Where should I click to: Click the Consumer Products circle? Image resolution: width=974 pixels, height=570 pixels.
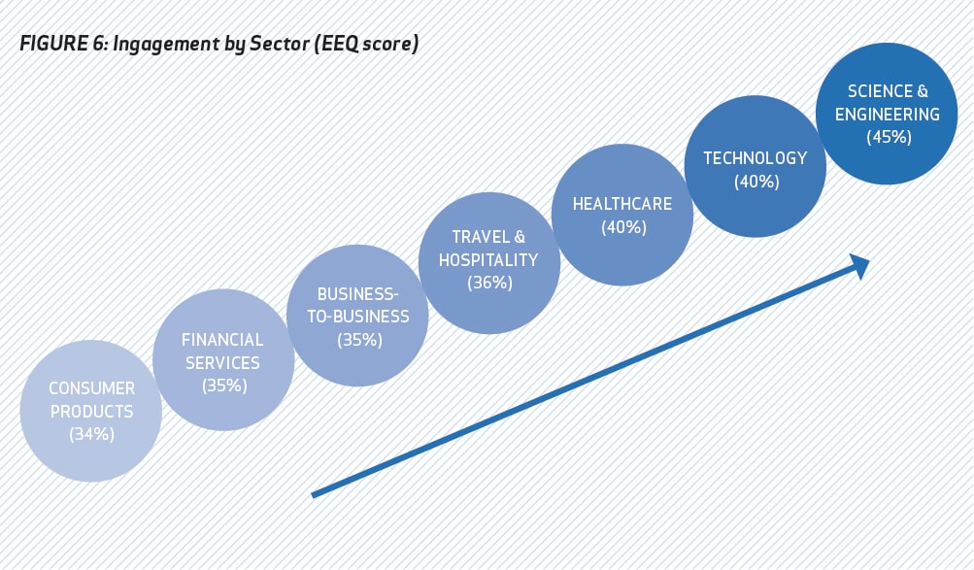coord(91,411)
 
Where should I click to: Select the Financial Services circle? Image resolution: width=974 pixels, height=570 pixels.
coord(223,359)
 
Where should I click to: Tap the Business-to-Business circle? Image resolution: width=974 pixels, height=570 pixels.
coord(357,316)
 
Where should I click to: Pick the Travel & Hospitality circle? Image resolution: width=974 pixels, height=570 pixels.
coord(489,262)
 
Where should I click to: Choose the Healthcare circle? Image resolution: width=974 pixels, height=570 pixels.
coord(622,215)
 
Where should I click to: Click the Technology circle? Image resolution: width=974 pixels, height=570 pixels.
coord(756,166)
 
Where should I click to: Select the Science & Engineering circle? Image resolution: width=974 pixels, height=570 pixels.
coord(887,114)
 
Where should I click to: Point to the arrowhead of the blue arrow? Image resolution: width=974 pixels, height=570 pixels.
coord(862,265)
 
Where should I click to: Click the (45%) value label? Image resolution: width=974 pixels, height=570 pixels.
coord(889,137)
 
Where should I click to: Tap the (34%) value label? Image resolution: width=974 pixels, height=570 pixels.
coord(92,434)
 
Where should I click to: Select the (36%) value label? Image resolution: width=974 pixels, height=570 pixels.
coord(490,283)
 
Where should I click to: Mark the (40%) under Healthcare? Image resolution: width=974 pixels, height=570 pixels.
coord(623,227)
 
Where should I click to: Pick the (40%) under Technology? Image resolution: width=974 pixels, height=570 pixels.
coord(756,182)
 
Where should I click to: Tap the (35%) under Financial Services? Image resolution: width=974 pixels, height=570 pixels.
coord(224,386)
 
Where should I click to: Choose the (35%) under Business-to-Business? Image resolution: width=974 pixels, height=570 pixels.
coord(359,340)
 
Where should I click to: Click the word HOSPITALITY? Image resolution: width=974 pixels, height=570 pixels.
coord(488,260)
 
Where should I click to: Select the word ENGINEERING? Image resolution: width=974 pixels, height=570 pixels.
coord(887,115)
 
